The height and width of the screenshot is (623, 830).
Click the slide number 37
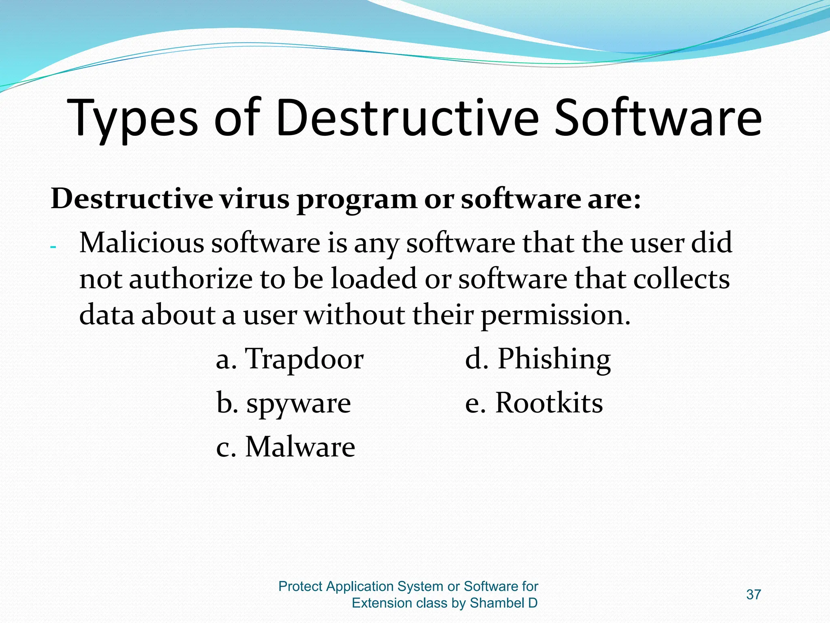point(753,595)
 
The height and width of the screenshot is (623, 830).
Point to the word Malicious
point(142,243)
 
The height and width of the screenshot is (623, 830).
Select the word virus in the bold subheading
point(255,199)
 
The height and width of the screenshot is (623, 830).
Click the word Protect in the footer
point(300,586)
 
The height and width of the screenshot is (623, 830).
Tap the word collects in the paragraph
point(681,279)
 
